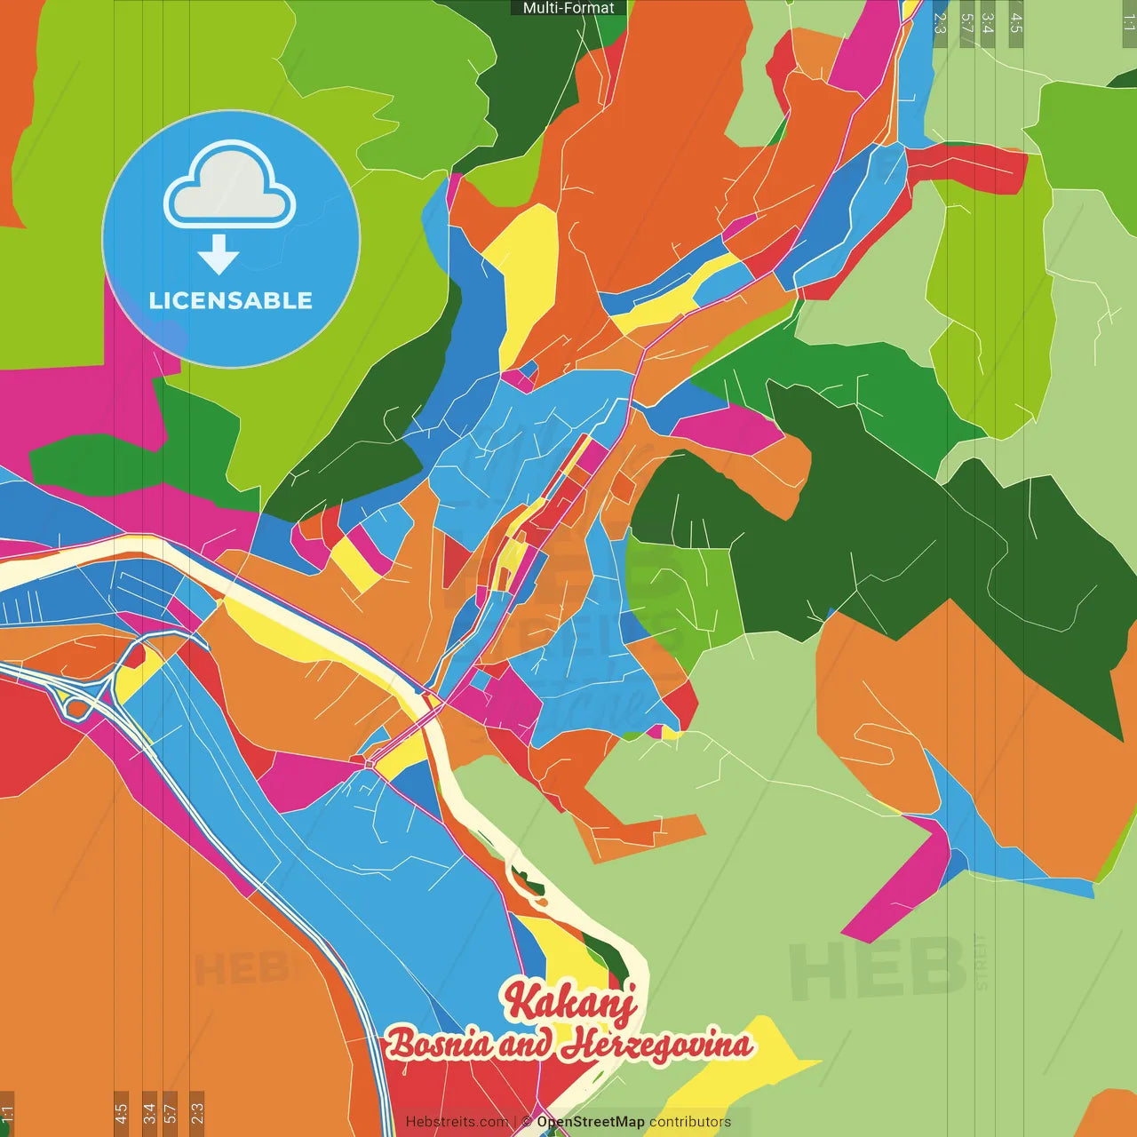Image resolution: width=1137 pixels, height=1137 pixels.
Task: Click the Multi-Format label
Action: coord(568,8)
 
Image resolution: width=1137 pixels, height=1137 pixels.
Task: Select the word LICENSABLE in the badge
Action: coord(231,300)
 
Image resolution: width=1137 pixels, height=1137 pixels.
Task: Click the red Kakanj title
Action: coord(570,1002)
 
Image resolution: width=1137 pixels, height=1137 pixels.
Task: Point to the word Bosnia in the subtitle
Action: coord(439,1044)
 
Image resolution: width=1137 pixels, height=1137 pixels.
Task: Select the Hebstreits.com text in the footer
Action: coord(457,1122)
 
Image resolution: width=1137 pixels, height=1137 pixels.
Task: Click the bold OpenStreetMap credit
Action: coord(591,1122)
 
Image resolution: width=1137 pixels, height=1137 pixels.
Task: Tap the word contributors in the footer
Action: coord(690,1122)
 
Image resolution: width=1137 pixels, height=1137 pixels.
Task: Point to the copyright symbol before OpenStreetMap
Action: coord(527,1122)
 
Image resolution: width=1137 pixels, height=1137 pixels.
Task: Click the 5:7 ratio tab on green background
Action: coord(966,24)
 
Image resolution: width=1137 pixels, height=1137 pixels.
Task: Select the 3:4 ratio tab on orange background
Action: coord(149,1113)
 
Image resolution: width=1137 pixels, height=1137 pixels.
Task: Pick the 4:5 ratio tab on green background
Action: coord(1016,24)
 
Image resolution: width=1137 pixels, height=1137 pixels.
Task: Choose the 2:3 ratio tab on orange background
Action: coord(197,1113)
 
